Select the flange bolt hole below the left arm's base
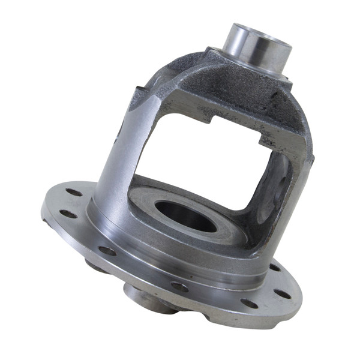click(107, 251)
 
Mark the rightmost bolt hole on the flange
click(282, 293)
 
